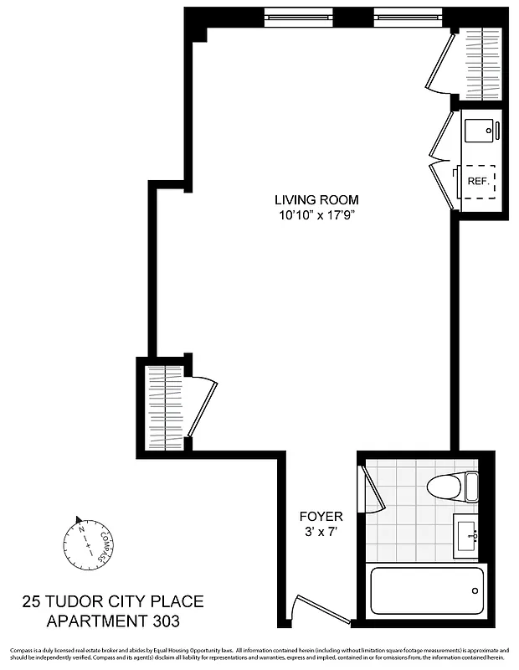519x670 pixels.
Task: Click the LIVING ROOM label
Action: pos(316,200)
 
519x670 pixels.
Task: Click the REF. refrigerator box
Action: pos(479,181)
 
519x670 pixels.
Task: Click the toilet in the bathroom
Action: pos(452,485)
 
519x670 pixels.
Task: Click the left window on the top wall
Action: pos(298,14)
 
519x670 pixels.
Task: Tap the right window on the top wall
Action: pos(407,14)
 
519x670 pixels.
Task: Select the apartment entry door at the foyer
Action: pos(322,609)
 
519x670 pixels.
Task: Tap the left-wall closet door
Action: pos(203,406)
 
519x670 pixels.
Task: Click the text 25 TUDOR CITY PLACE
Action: pos(112,601)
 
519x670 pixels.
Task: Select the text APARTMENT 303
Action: pos(112,621)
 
